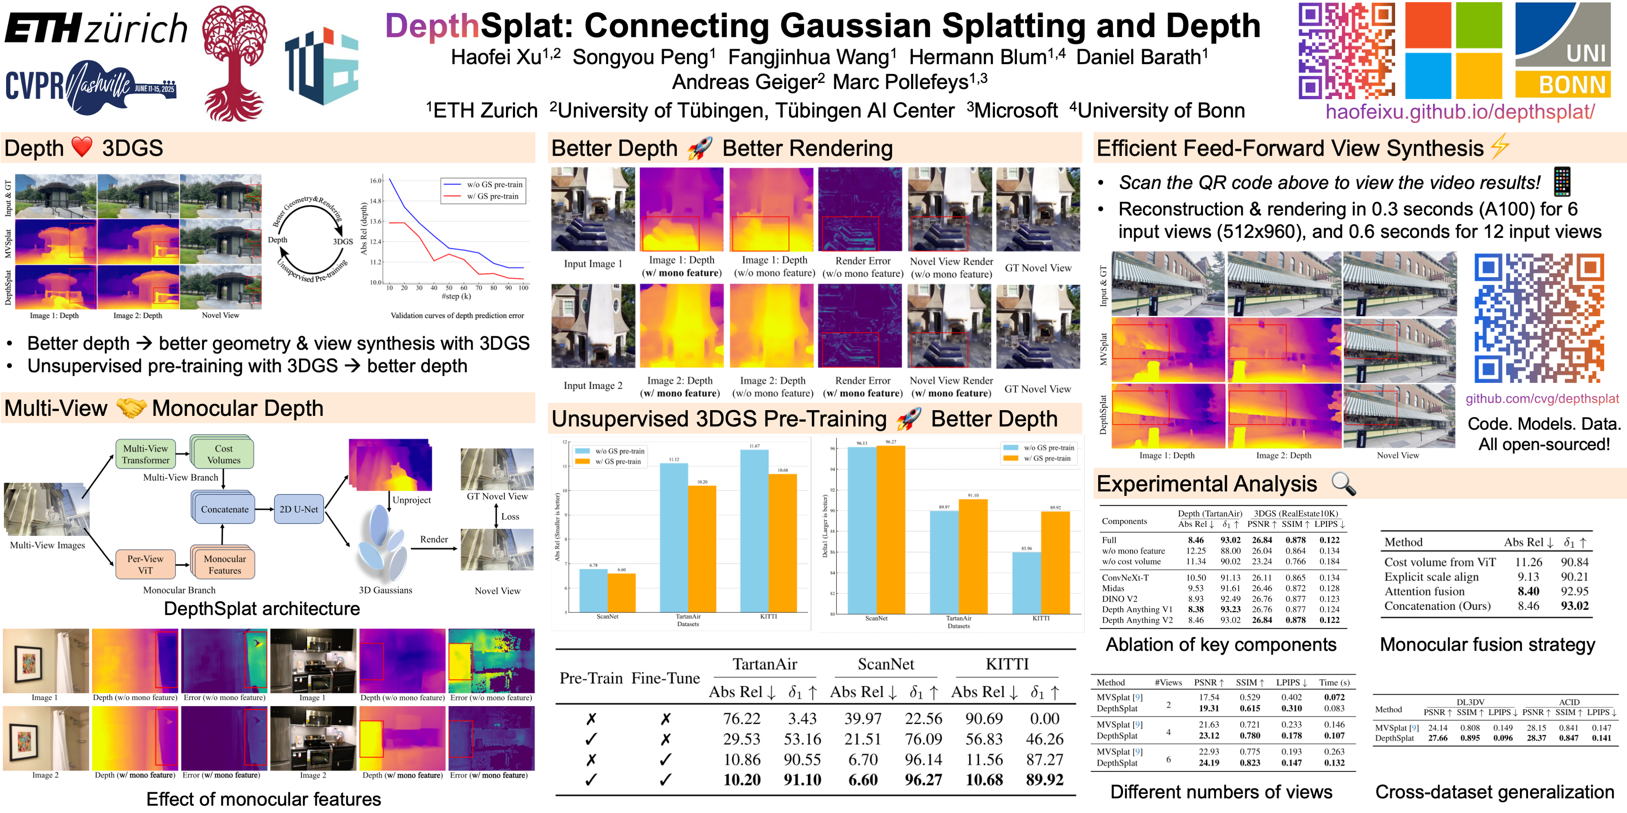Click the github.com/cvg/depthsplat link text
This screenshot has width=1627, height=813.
(x=1542, y=399)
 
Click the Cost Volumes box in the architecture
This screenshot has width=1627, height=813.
(x=224, y=454)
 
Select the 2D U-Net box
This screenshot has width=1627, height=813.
(x=299, y=509)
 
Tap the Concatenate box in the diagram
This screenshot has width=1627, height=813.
(x=224, y=509)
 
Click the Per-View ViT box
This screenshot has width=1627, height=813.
(x=145, y=564)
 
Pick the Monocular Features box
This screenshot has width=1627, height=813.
(x=224, y=564)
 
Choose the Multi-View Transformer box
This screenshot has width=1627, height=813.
(x=145, y=454)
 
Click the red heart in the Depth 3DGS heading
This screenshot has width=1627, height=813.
(x=82, y=147)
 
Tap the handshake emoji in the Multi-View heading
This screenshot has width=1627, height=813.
(x=131, y=408)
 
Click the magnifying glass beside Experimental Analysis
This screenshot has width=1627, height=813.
(x=1343, y=483)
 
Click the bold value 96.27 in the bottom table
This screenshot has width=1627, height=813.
(x=923, y=780)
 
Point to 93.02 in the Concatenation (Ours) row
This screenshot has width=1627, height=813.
(x=1575, y=606)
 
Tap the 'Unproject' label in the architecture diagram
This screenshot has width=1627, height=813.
(x=411, y=500)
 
